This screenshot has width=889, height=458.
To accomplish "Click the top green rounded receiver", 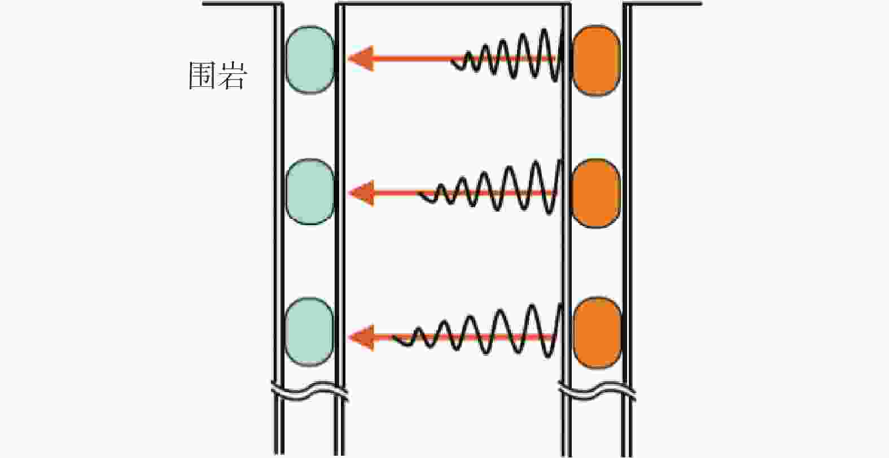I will click(x=310, y=59).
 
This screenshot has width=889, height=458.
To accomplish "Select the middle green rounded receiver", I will click(x=310, y=192).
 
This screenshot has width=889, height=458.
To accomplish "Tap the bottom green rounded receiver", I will click(x=310, y=333).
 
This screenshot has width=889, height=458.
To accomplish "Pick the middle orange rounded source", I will click(x=596, y=193).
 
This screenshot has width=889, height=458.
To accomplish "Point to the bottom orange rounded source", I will click(x=597, y=333).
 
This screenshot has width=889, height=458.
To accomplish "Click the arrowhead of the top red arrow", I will click(x=361, y=58).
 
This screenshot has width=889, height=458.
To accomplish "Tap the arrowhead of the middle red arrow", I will click(x=361, y=193).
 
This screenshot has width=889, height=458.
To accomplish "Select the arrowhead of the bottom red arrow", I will click(x=361, y=337).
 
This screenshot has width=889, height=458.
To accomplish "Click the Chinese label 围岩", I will click(x=217, y=76).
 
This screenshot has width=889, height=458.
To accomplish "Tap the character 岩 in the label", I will click(x=232, y=76).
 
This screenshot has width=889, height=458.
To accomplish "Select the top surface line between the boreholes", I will click(x=452, y=5).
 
